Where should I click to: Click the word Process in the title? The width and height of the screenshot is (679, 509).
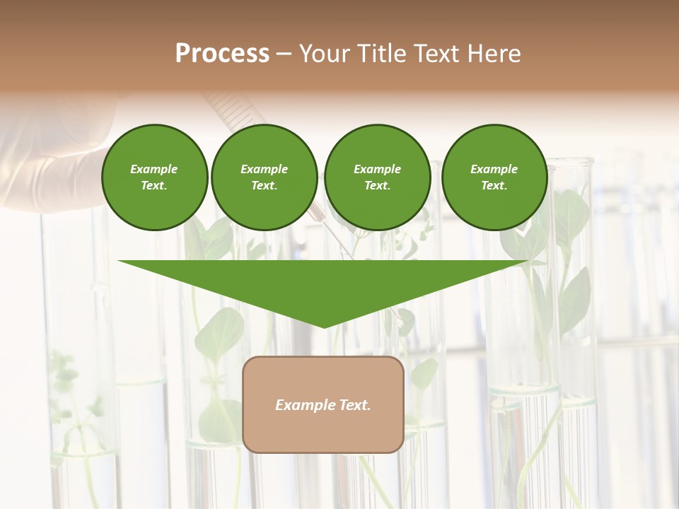click(222, 54)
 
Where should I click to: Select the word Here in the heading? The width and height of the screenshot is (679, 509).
click(494, 54)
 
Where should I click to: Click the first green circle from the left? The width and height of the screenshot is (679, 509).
click(154, 177)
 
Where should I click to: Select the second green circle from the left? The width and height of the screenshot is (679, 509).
click(264, 177)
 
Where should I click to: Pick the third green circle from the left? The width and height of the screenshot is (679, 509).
click(377, 177)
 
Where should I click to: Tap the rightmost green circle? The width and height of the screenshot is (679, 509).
click(494, 177)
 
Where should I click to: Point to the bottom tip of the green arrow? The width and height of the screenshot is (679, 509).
click(324, 327)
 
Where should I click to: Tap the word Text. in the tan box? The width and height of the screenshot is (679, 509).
click(355, 405)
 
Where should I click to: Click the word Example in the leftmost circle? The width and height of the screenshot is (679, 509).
click(154, 169)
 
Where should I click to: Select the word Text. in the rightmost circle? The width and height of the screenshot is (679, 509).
click(494, 186)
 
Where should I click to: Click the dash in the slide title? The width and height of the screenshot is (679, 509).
click(284, 54)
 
